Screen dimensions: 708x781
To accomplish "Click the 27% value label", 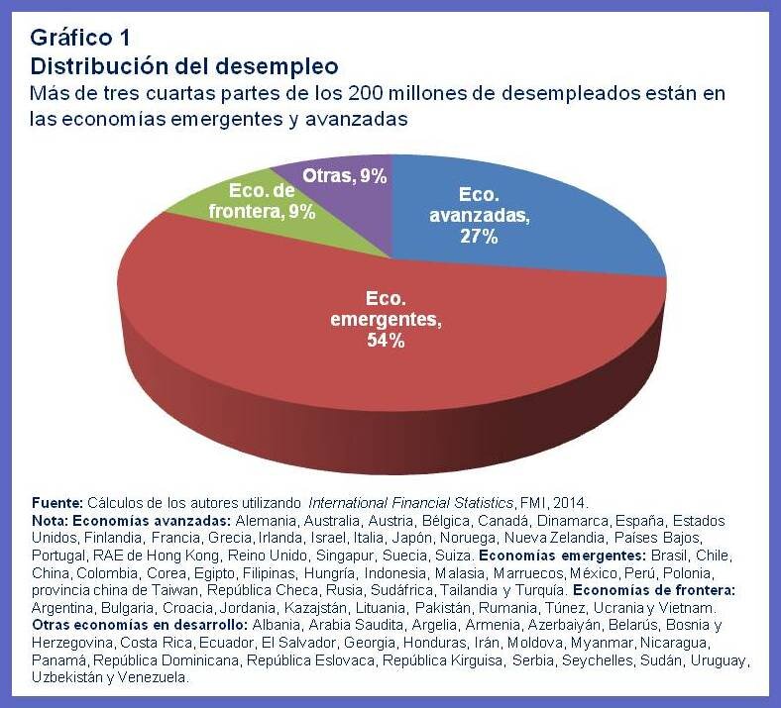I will tap(478, 237).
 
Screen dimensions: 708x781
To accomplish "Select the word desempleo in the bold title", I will tap(280, 66).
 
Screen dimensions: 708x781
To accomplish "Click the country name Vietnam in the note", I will tap(701, 607).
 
